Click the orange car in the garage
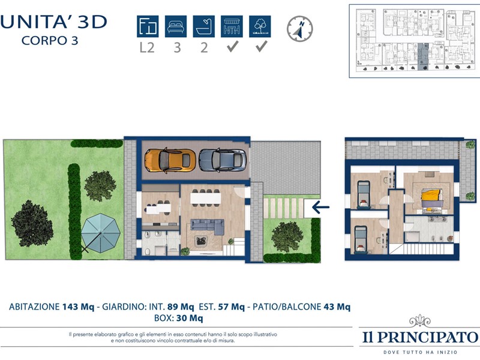170,160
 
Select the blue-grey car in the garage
223,160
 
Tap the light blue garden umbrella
101,233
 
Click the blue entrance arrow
320,207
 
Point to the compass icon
299,29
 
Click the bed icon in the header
176,26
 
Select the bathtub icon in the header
203,26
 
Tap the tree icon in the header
260,26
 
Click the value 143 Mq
79,307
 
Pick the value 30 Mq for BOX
190,319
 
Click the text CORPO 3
50,41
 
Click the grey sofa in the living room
207,226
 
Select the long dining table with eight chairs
205,198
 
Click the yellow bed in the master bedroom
432,200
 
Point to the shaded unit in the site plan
423,56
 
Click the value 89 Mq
181,307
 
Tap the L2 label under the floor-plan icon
147,48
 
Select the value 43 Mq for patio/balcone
337,307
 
